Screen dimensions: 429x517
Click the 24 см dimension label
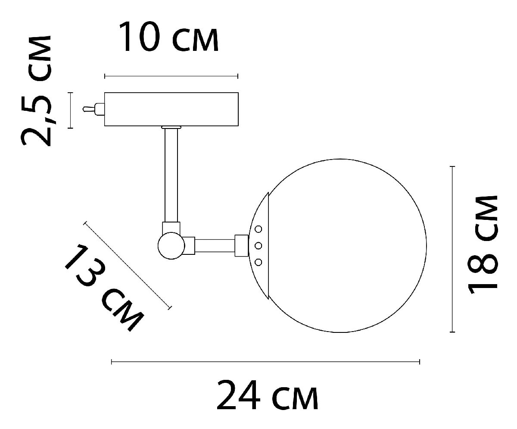coord(267,395)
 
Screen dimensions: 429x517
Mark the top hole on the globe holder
coord(259,229)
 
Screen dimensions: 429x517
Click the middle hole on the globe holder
coord(259,246)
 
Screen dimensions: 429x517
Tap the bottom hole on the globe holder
coord(259,262)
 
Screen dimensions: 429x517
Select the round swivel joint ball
coord(171,246)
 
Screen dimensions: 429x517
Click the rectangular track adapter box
coord(171,110)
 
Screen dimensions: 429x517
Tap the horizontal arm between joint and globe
coord(215,245)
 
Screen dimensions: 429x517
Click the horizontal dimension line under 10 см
coord(171,76)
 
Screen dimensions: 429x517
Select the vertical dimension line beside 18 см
coord(452,249)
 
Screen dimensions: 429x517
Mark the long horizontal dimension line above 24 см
coord(265,362)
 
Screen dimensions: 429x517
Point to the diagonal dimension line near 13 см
coord(128,265)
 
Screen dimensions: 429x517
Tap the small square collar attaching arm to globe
coord(241,245)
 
